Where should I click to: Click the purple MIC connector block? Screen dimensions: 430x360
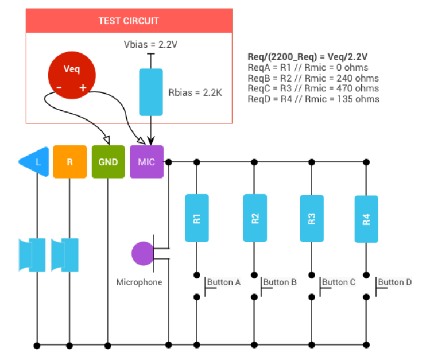click(147, 162)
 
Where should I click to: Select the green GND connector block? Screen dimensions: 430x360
click(108, 162)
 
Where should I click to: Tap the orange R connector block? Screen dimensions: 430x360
click(69, 162)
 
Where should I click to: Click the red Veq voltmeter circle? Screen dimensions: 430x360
click(72, 75)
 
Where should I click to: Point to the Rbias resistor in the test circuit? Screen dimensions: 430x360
click(151, 92)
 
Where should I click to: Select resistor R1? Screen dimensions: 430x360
click(197, 218)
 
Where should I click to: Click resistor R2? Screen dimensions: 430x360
click(255, 218)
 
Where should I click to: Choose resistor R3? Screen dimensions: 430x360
click(312, 219)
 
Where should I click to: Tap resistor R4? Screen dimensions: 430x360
click(366, 219)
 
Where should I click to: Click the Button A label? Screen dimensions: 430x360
click(224, 282)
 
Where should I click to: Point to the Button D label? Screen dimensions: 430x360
click(395, 282)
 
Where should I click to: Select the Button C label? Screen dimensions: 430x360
click(339, 282)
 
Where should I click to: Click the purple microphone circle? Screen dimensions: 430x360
click(142, 254)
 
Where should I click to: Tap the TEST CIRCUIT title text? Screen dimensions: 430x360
click(129, 21)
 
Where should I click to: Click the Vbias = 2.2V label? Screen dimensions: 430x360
click(150, 44)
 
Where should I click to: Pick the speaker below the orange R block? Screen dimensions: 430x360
click(65, 255)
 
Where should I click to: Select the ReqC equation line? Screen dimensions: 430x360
click(313, 88)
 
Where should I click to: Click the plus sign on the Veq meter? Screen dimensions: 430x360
click(83, 88)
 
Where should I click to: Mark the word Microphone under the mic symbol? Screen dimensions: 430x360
click(140, 282)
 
